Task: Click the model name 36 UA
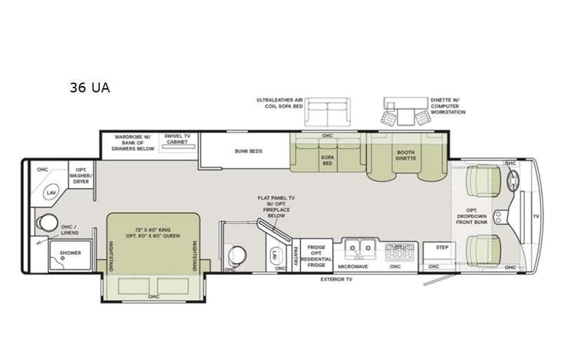(x=89, y=88)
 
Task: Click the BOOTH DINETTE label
(x=405, y=156)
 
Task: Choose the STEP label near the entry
(x=441, y=248)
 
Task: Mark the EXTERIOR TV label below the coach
(x=336, y=279)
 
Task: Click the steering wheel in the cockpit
(x=511, y=183)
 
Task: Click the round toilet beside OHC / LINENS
(x=49, y=223)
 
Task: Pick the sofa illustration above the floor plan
(x=326, y=113)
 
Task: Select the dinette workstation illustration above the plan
(x=404, y=113)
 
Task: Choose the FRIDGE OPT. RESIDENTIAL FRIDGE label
(x=316, y=254)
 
